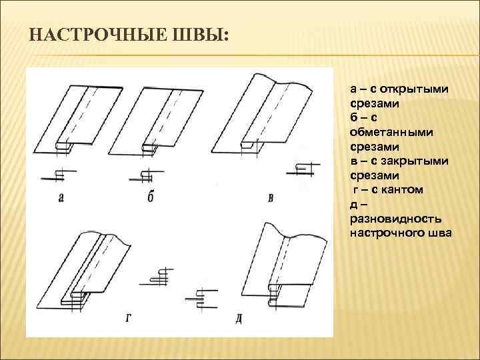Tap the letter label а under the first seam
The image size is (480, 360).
[61, 197]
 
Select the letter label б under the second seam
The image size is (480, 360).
[151, 197]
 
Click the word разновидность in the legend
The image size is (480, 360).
[391, 219]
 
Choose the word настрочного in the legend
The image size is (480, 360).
[384, 233]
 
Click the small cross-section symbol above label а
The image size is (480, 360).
[57, 175]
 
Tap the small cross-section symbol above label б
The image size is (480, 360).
[145, 176]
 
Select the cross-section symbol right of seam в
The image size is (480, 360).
[301, 169]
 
